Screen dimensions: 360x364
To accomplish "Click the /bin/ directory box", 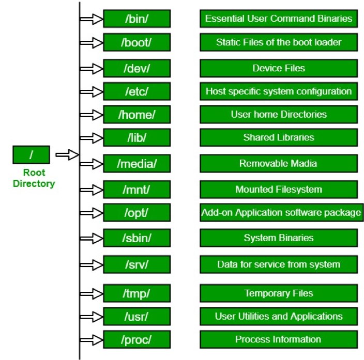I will tap(136, 19).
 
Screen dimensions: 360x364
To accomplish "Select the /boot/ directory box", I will tap(136, 42).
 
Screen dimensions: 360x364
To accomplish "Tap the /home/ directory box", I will tap(136, 114).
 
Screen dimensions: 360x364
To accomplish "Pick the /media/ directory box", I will tap(136, 164).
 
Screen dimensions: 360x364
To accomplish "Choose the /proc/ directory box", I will tap(136, 339).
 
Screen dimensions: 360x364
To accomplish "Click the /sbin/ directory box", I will tap(136, 238).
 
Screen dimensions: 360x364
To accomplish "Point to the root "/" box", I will tap(31, 154).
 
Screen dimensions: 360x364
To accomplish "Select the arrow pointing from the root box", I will tap(66, 154).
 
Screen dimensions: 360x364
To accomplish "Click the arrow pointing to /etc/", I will tap(92, 91).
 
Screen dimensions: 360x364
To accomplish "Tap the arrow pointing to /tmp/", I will tap(92, 293).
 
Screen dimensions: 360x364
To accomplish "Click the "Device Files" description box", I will tap(279, 68).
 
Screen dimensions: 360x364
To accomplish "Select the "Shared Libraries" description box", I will tap(279, 137).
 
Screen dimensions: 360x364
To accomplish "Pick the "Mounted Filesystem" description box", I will tap(279, 190).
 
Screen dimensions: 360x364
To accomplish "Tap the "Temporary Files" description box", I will tap(279, 293).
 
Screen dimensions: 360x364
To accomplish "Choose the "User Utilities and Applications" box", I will tap(279, 316).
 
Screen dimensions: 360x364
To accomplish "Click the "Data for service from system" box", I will tap(279, 264).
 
